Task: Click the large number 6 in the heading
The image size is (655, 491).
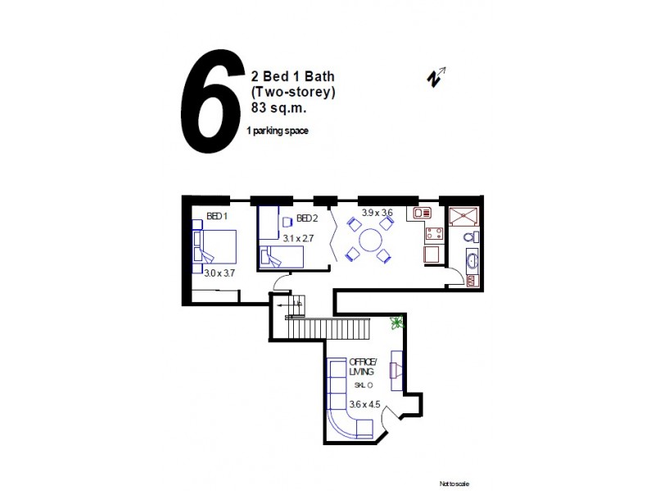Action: pos(210,103)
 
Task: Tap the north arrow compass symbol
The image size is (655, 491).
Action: pos(436,77)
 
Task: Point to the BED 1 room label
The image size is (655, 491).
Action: pos(216,218)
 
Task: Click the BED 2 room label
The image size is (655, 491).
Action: pos(307,218)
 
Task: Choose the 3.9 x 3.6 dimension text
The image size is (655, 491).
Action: pos(377,213)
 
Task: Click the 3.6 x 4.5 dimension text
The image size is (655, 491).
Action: pos(364,404)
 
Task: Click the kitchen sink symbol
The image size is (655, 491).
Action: pos(422,214)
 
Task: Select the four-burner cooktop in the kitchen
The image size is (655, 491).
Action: pos(433,235)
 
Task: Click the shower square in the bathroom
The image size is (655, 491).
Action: pos(464,214)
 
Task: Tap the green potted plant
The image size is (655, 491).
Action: pos(397,322)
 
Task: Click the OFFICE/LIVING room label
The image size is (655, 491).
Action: pos(362,367)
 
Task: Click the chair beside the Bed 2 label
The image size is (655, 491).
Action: pos(287,221)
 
